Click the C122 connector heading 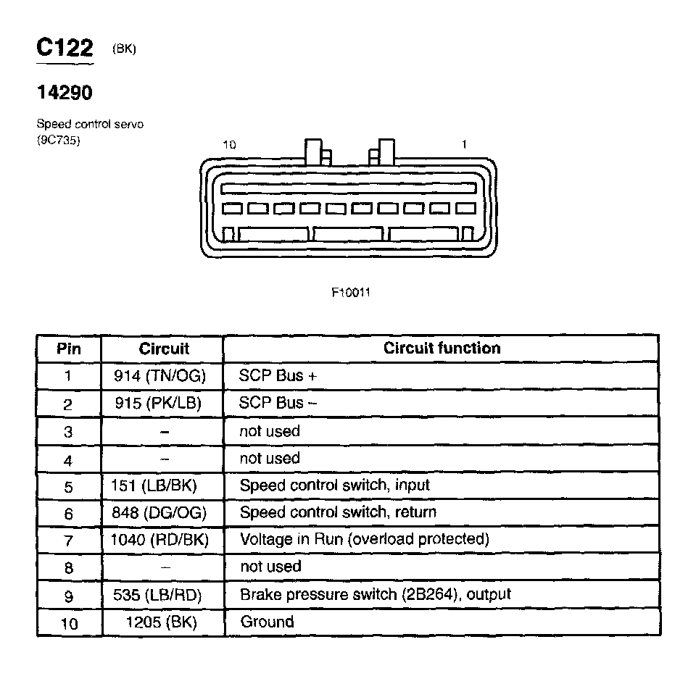(x=65, y=48)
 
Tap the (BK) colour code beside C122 (x=124, y=49)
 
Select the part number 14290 (x=65, y=93)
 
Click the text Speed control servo (x=90, y=125)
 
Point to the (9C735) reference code (x=58, y=140)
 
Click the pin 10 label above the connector (x=229, y=145)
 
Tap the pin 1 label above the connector (x=464, y=144)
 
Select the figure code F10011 (x=352, y=293)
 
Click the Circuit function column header (x=442, y=349)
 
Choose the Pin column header (x=69, y=349)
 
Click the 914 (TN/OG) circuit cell (x=160, y=376)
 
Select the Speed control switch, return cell (x=338, y=512)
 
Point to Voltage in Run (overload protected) (x=364, y=539)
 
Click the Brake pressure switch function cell (x=375, y=594)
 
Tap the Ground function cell (x=267, y=622)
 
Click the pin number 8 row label (x=69, y=567)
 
